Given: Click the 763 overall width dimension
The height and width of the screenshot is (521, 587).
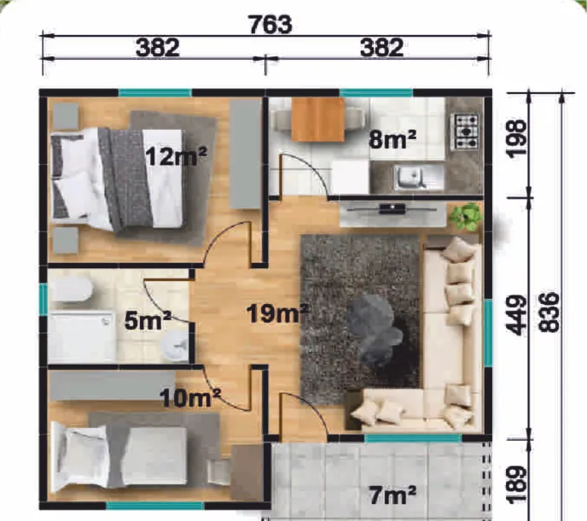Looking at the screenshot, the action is pos(270,25).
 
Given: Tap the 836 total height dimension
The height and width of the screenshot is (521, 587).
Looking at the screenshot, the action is pos(549,313).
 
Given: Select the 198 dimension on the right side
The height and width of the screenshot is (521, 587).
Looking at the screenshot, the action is pos(515,138).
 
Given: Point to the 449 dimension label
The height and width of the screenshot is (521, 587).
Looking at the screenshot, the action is pos(515,315).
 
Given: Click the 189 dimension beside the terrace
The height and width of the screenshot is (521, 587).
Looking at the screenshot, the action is pos(515,484).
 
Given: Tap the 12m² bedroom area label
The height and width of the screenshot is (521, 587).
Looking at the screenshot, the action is pos(176,156).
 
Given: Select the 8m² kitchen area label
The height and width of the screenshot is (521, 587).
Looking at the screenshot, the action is pos(392,139).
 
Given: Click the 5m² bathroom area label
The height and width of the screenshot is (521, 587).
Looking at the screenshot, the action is pos(147,320).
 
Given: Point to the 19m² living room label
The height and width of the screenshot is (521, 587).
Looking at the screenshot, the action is pos(277,313).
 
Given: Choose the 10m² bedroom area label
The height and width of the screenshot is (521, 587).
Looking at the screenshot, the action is pos(190,398).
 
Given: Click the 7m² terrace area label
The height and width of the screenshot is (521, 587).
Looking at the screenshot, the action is pos(392,495).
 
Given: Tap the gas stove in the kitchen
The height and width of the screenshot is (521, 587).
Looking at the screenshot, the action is pos(467,132).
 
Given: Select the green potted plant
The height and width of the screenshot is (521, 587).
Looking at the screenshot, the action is pos(465,216).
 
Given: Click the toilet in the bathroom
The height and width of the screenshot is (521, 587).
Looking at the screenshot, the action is pos(72,290).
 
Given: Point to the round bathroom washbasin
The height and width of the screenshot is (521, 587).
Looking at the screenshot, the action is pos(175,346).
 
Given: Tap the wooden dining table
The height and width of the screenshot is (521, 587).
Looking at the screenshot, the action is pos(318,120).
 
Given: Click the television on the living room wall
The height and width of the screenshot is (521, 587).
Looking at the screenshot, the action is pos(392,208).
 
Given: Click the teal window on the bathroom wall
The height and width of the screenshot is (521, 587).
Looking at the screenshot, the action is pos(44,300).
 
